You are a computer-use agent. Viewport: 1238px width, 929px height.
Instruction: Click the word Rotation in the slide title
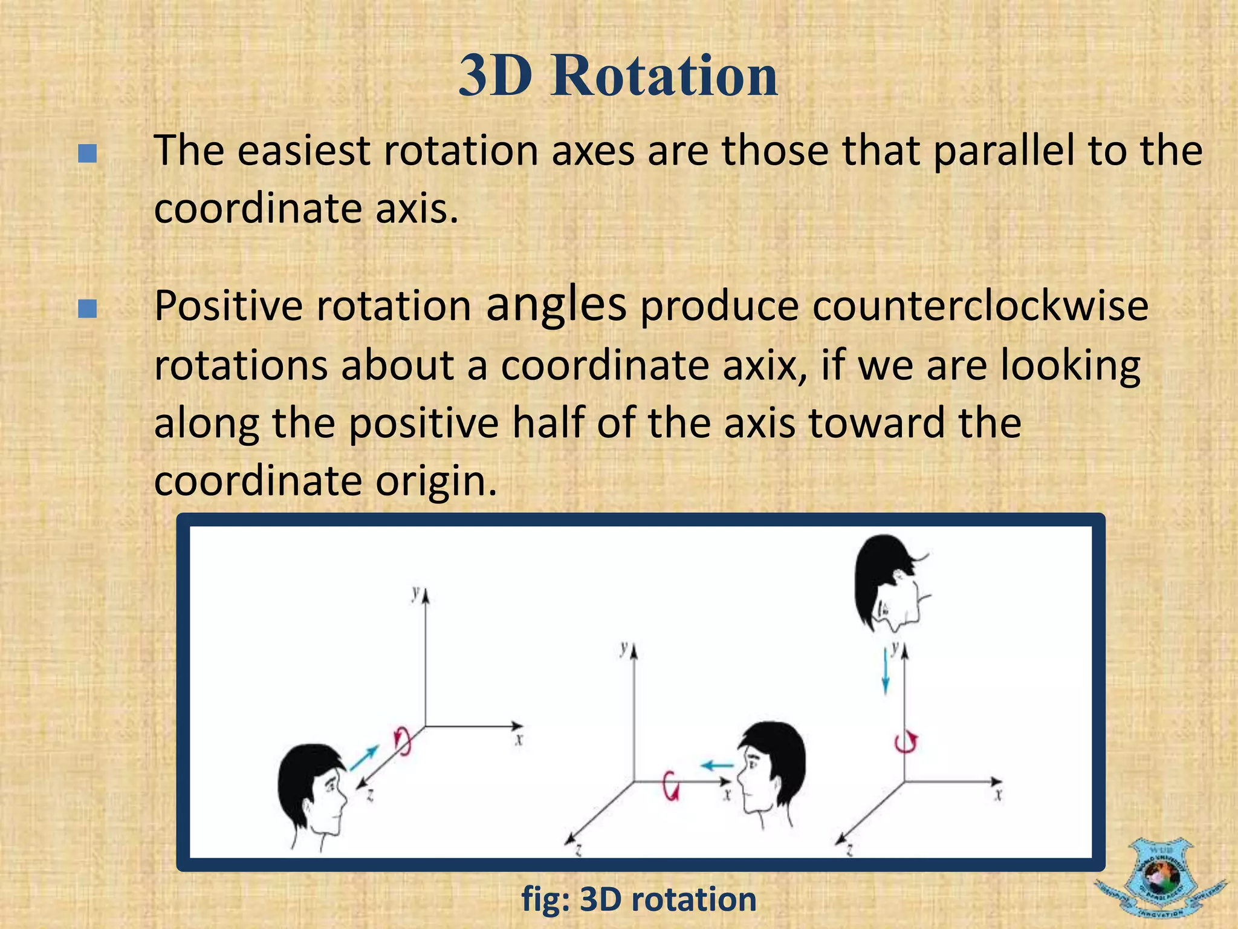tap(664, 76)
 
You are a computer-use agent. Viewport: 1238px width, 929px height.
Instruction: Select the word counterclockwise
tap(980, 306)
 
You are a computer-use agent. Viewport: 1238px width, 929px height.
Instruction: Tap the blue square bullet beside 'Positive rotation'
tap(88, 309)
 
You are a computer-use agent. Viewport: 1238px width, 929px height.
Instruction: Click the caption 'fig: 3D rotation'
tap(638, 899)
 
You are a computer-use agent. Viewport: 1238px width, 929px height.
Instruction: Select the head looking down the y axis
tap(890, 584)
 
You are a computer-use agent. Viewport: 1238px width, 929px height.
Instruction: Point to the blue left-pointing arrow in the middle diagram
tap(717, 766)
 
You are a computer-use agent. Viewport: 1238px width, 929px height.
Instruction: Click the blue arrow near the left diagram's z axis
tap(364, 758)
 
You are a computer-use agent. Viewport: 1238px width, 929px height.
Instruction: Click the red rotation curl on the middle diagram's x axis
tap(671, 786)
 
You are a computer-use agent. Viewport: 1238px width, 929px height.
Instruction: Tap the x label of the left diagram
tap(519, 739)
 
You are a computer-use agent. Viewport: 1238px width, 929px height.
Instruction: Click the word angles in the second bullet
tap(556, 304)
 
